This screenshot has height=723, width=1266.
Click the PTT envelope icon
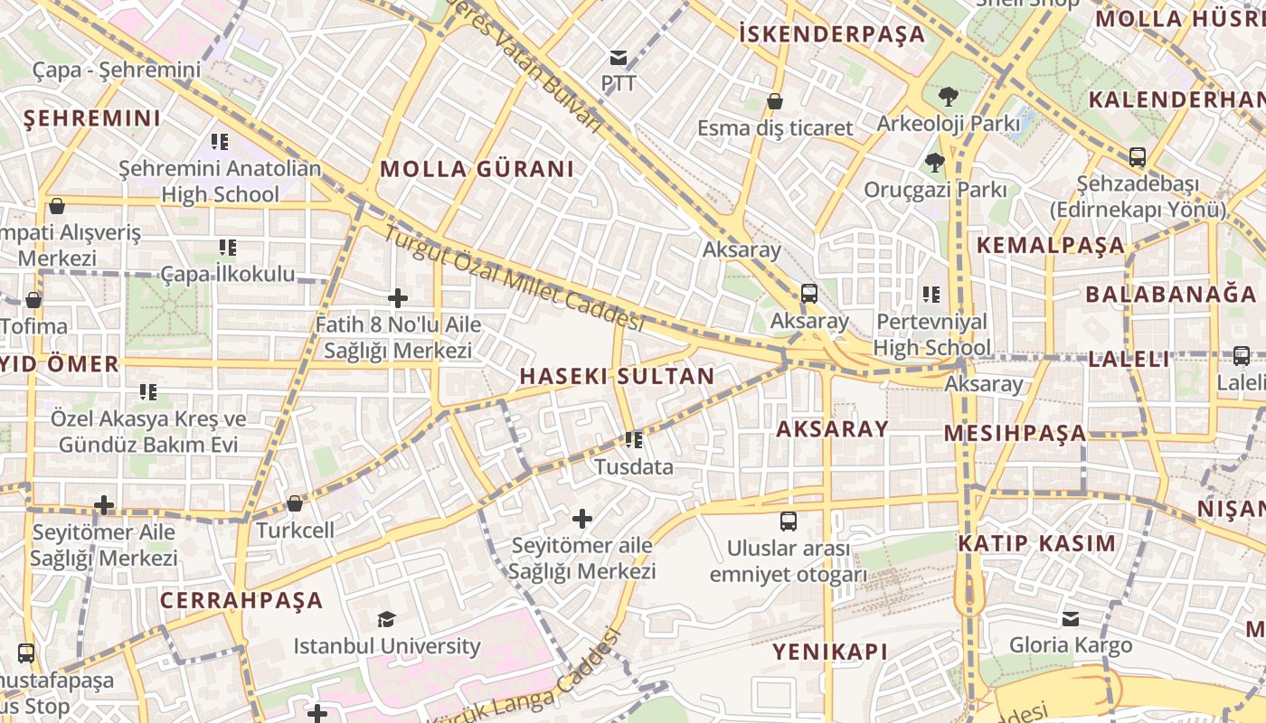click(x=619, y=58)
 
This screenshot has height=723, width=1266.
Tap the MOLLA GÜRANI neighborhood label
click(x=477, y=169)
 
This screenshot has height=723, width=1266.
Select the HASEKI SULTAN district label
click(x=617, y=376)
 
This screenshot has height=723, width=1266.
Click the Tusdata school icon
click(x=633, y=440)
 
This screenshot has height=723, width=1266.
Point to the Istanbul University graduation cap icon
click(x=386, y=619)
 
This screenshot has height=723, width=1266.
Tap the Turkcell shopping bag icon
click(x=295, y=503)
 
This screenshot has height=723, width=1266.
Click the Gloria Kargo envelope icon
click(x=1071, y=618)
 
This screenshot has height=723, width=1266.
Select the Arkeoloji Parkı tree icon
click(x=948, y=96)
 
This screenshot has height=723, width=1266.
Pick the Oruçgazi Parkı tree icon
click(x=934, y=163)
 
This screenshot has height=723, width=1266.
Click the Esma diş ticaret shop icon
click(x=775, y=100)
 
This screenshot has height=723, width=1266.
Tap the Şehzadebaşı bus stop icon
click(x=1138, y=157)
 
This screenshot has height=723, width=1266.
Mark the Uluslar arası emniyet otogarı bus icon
click(x=789, y=521)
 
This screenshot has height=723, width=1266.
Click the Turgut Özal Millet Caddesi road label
click(x=513, y=278)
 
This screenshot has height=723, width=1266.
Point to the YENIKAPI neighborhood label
click(x=829, y=652)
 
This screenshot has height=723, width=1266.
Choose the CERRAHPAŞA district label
click(x=241, y=600)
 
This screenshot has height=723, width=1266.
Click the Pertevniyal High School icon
click(x=931, y=294)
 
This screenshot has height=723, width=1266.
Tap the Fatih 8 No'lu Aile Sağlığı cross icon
click(x=398, y=297)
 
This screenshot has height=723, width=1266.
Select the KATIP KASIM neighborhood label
click(x=1036, y=543)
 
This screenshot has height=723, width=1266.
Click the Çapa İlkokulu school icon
click(x=227, y=247)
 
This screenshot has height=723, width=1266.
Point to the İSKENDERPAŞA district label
click(x=832, y=34)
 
